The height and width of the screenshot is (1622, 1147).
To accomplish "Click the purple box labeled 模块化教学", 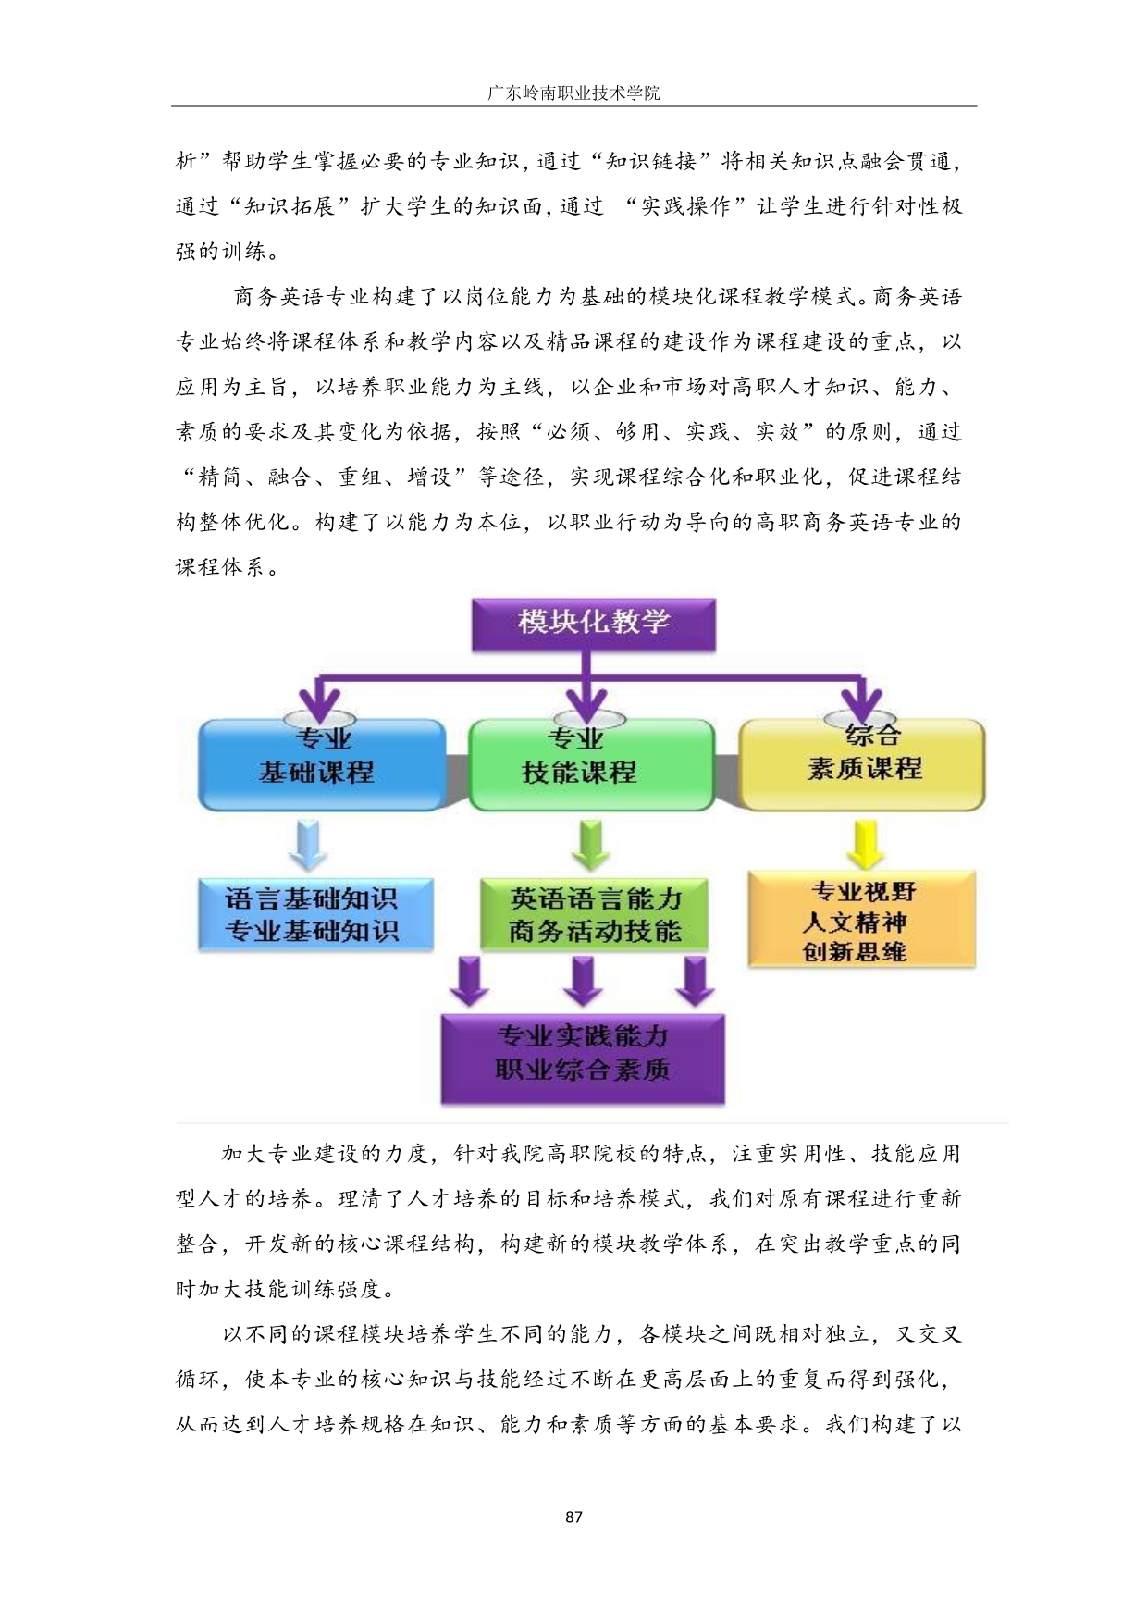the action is pyautogui.click(x=594, y=625).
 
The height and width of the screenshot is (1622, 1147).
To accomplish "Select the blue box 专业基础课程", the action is pyautogui.click(x=322, y=765).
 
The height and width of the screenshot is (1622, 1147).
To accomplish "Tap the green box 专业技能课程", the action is pyautogui.click(x=591, y=765).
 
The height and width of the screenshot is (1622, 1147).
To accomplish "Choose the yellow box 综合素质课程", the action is pyautogui.click(x=862, y=764).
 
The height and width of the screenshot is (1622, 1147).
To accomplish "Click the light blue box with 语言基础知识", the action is pyautogui.click(x=314, y=914).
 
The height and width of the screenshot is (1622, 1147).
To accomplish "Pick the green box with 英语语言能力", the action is pyautogui.click(x=594, y=914).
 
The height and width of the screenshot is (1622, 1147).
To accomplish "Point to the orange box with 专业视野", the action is pyautogui.click(x=861, y=920).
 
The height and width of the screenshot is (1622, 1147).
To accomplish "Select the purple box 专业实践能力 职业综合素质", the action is pyautogui.click(x=583, y=1059).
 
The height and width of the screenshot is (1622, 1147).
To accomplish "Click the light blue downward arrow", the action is pyautogui.click(x=308, y=843).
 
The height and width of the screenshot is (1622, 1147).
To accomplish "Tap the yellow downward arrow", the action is pyautogui.click(x=865, y=843).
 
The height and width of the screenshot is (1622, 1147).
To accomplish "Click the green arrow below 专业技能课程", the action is pyautogui.click(x=590, y=843).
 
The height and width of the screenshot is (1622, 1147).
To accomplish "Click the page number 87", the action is pyautogui.click(x=573, y=1517).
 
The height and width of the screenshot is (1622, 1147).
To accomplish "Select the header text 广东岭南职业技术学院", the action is pyautogui.click(x=573, y=93).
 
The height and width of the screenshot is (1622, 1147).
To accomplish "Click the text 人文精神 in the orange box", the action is pyautogui.click(x=855, y=922).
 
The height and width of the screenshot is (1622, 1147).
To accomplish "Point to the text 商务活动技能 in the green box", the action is pyautogui.click(x=595, y=931).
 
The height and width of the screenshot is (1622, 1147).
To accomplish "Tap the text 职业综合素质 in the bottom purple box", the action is pyautogui.click(x=583, y=1071).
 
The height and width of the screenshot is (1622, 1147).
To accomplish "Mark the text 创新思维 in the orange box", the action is pyautogui.click(x=855, y=951).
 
